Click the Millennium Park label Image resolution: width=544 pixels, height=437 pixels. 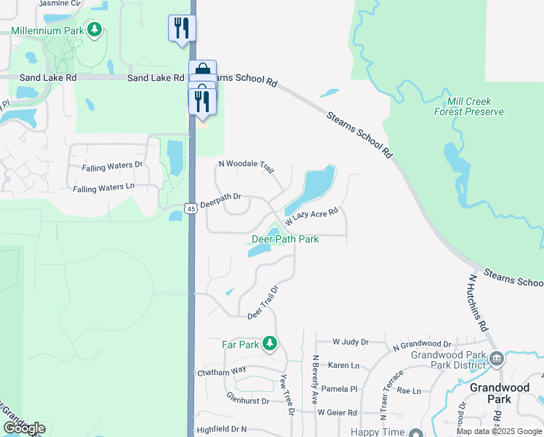(x=47, y=31)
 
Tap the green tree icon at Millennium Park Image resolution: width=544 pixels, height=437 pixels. (x=94, y=29)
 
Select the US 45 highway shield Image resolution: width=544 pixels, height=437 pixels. (x=190, y=208)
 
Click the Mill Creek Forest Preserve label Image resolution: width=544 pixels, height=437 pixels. (x=468, y=106)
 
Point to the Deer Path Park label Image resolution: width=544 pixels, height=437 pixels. (x=285, y=239)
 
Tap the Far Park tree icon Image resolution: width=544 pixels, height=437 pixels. (x=270, y=342)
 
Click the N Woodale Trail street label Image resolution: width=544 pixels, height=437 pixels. (x=245, y=165)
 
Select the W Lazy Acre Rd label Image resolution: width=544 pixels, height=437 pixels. (x=312, y=216)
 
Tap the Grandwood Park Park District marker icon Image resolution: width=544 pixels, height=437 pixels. (x=497, y=358)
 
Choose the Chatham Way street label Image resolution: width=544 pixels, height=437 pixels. (x=222, y=371)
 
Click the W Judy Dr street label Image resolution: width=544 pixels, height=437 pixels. (x=351, y=341)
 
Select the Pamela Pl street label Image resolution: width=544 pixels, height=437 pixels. (x=340, y=389)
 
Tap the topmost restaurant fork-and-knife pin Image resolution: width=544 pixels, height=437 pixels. (x=182, y=29)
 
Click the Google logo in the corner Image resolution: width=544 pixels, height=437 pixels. (x=24, y=428)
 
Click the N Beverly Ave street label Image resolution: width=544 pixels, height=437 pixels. (x=316, y=379)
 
